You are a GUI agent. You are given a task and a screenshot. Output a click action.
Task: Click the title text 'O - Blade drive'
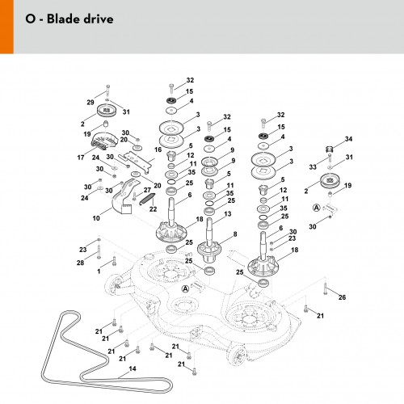click(x=69, y=19)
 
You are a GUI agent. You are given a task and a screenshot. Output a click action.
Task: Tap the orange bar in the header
click(x=6, y=27)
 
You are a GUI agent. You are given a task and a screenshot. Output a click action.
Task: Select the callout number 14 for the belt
click(x=133, y=368)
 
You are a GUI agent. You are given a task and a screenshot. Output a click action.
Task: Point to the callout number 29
click(x=90, y=102)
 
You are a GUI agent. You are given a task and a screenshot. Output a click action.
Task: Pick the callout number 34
click(x=348, y=139)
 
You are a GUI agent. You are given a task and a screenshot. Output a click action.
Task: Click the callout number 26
click(x=342, y=297)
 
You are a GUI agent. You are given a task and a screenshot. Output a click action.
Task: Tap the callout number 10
click(x=96, y=218)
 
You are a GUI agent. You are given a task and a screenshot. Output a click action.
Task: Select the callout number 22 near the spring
click(x=153, y=208)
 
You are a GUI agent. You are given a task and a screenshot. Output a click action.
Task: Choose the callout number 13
click(x=228, y=213)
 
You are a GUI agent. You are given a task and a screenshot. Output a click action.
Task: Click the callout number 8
click(x=235, y=234)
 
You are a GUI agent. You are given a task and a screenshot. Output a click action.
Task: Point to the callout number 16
click(x=158, y=149)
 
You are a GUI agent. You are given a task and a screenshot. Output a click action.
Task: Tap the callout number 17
click(x=81, y=158)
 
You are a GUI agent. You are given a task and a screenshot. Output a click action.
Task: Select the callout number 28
click(x=80, y=263)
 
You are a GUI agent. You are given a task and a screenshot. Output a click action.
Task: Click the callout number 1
click(x=99, y=271)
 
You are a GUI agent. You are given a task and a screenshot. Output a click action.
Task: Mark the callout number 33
click(x=313, y=167)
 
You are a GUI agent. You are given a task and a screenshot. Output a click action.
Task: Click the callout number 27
click(x=147, y=190)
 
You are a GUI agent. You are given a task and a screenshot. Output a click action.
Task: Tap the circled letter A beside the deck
click(x=186, y=289)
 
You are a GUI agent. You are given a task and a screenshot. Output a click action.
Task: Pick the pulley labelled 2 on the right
click(x=330, y=181)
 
